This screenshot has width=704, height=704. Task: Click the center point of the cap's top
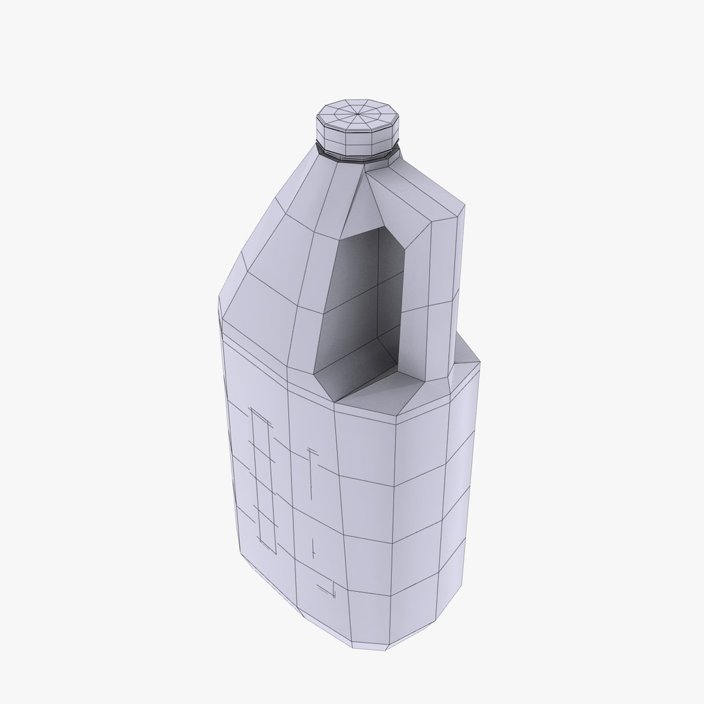(x=357, y=116)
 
